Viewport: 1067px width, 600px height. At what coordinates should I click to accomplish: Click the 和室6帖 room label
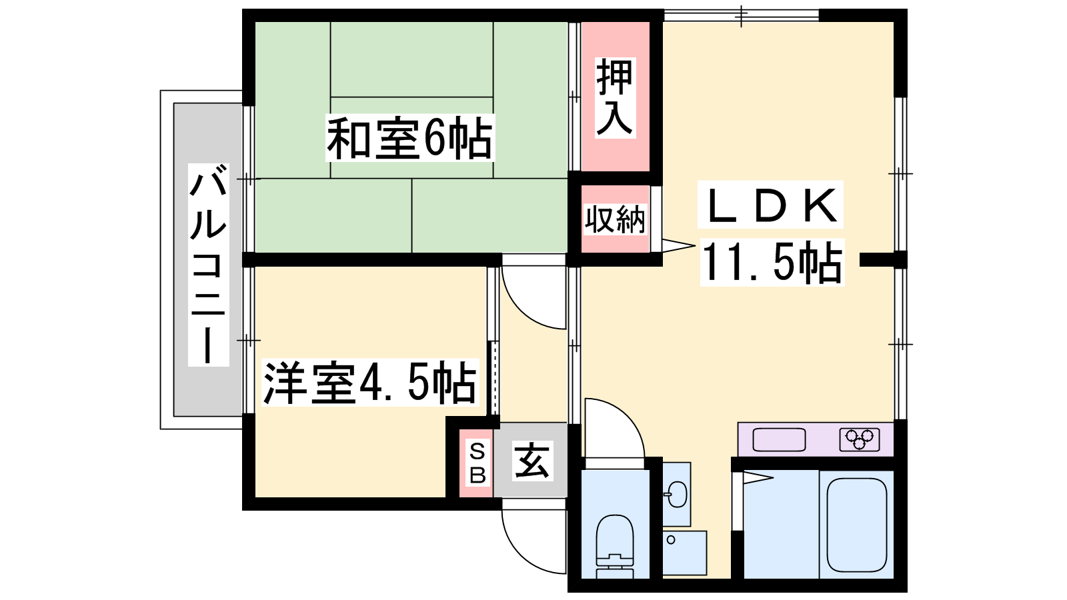(x=409, y=139)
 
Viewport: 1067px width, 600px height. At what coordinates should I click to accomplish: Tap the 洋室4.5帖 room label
(x=370, y=383)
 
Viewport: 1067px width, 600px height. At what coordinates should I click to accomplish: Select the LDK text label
(x=771, y=205)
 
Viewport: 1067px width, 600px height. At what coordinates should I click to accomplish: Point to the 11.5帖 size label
(x=772, y=263)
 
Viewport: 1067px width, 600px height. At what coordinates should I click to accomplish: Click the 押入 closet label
(x=615, y=97)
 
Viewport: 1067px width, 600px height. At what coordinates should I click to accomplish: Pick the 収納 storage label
(x=615, y=219)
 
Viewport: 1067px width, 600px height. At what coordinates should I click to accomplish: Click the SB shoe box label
(x=477, y=463)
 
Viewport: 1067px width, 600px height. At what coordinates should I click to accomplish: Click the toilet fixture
(x=615, y=546)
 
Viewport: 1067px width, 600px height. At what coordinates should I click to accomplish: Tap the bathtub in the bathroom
(x=857, y=525)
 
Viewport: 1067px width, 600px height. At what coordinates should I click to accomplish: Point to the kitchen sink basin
(x=779, y=439)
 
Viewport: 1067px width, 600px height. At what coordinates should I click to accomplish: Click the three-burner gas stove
(x=860, y=439)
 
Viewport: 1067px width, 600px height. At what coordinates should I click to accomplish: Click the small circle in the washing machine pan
(x=671, y=540)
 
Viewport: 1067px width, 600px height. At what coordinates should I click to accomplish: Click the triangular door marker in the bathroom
(x=758, y=477)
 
